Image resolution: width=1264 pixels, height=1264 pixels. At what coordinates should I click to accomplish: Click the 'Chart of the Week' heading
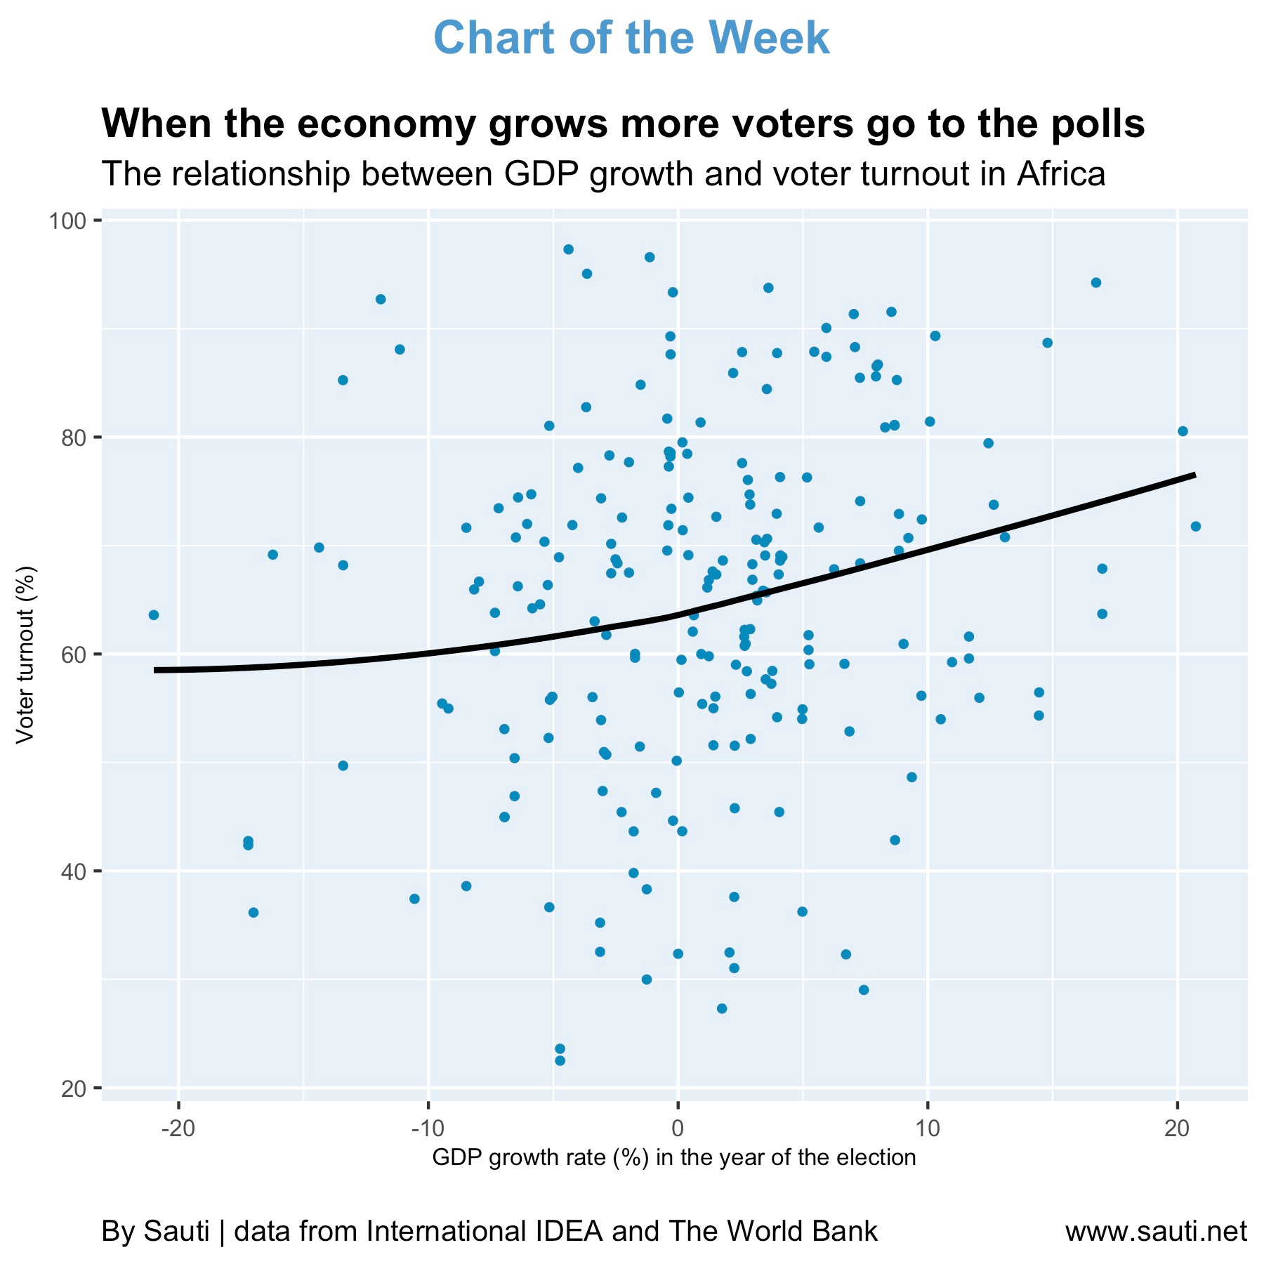coord(631,38)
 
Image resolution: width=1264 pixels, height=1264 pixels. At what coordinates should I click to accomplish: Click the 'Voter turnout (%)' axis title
coord(25,654)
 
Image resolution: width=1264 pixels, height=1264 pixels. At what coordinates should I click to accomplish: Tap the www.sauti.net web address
coord(1156,1231)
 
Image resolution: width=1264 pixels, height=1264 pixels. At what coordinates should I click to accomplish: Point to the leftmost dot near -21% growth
coord(154,615)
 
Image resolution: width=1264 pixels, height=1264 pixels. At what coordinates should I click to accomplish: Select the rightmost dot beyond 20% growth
coord(1196,527)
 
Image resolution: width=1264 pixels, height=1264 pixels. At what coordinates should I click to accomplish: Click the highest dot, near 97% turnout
coord(569,249)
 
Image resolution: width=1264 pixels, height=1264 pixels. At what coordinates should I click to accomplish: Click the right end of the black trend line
coord(1194,475)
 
